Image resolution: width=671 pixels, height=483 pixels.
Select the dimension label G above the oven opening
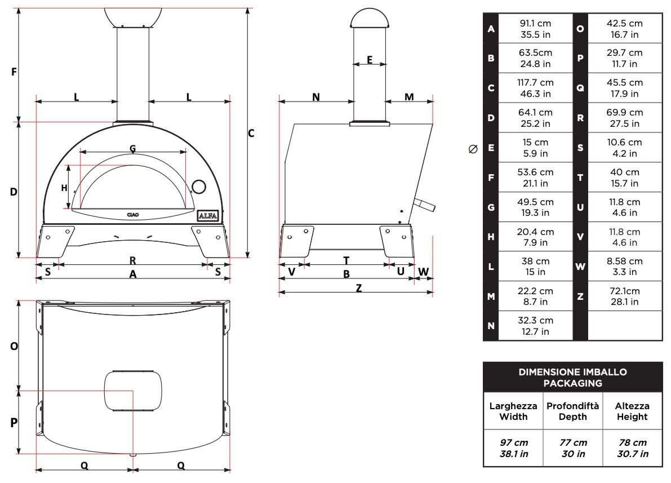[x=132, y=148]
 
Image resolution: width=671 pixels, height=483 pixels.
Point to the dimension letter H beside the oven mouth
[x=64, y=188]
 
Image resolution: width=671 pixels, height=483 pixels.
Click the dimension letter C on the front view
[x=251, y=134]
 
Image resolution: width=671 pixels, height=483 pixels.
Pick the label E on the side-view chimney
[x=370, y=60]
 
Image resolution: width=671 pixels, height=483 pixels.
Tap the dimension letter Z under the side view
[x=358, y=287]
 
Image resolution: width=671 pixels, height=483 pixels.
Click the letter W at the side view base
[x=424, y=271]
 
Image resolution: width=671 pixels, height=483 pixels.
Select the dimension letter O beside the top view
[x=14, y=346]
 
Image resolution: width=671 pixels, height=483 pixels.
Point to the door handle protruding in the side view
[x=425, y=205]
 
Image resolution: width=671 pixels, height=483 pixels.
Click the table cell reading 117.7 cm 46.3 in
[x=535, y=88]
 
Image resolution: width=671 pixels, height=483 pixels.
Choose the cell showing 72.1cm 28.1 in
[x=624, y=296]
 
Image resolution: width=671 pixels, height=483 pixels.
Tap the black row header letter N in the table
[x=491, y=326]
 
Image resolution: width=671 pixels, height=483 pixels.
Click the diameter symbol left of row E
[x=473, y=149]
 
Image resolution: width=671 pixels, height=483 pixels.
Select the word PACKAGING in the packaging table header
[x=572, y=383]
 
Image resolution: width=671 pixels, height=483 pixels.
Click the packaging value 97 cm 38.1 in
[x=513, y=448]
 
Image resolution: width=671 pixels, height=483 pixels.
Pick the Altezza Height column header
[x=632, y=411]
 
